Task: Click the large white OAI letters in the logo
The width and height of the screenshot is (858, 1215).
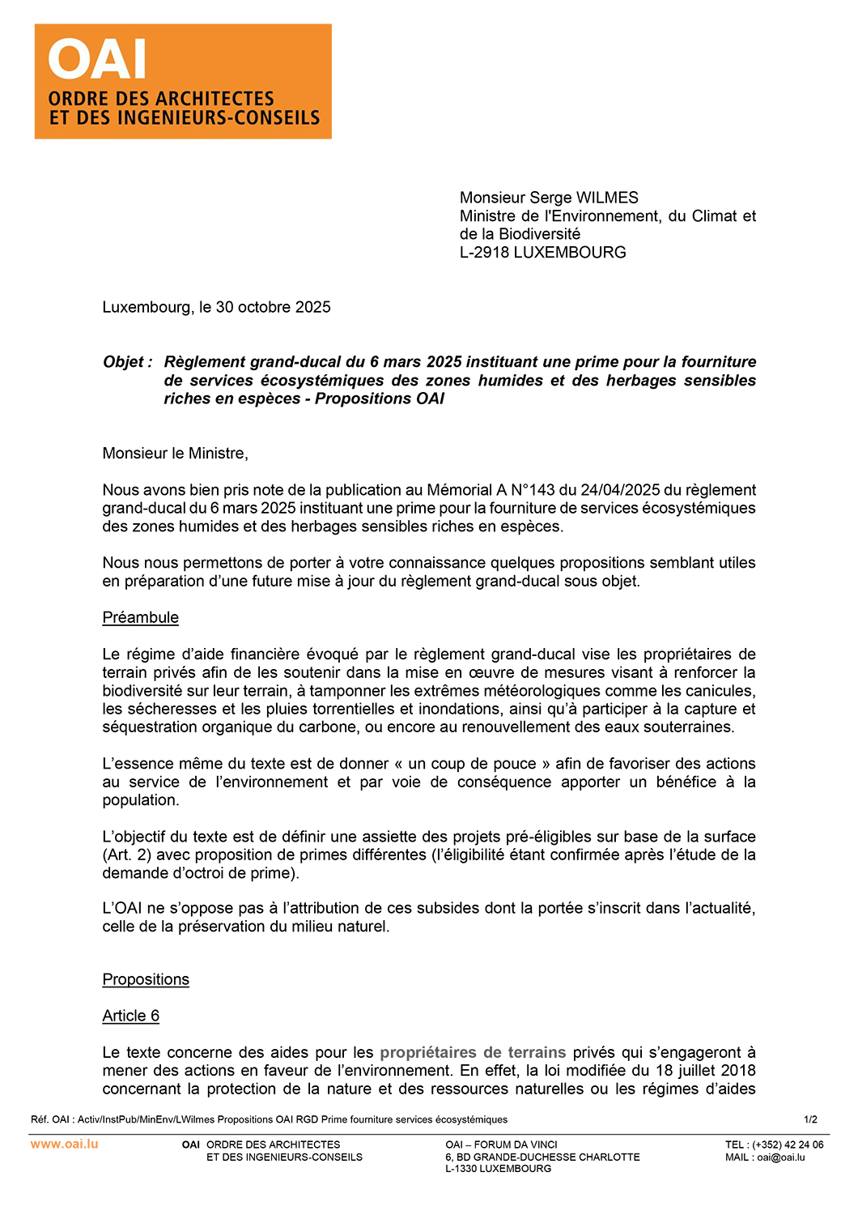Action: click(97, 59)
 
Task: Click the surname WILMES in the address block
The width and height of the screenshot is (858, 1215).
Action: click(607, 198)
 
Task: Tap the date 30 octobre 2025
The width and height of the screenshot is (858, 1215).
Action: click(274, 307)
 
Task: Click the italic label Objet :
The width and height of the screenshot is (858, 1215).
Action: click(128, 362)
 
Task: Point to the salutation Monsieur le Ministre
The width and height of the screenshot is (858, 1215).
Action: click(175, 454)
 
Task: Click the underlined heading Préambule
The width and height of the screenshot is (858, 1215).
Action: click(140, 618)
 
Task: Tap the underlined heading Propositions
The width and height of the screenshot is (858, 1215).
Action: click(146, 979)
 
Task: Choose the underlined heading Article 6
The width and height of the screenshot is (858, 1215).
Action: click(130, 1016)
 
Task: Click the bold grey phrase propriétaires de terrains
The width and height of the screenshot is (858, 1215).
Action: click(473, 1052)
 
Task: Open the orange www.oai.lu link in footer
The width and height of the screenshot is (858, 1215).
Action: click(65, 1144)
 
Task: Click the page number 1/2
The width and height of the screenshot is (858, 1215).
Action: click(810, 1119)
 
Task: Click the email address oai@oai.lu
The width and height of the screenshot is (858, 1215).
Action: click(781, 1157)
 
